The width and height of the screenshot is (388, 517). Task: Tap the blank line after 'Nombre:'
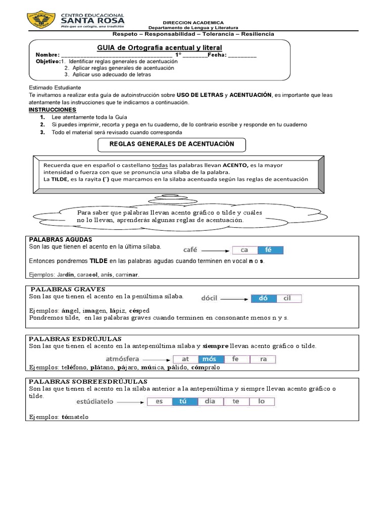tap(116, 56)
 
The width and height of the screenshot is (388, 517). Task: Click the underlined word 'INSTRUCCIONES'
tap(53, 110)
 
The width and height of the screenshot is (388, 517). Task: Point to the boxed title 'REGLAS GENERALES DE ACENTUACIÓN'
tap(172, 144)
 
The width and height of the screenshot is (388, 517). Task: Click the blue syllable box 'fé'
tap(270, 250)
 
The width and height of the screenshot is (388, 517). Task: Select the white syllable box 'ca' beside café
tap(245, 250)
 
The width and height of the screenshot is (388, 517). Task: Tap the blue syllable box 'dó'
tap(263, 298)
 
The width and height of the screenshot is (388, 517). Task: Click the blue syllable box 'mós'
tap(209, 359)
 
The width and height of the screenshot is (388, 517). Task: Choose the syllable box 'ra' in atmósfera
tap(263, 359)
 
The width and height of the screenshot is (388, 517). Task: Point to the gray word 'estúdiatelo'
tap(94, 402)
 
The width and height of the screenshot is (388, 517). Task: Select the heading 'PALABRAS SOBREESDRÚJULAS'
tap(88, 381)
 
